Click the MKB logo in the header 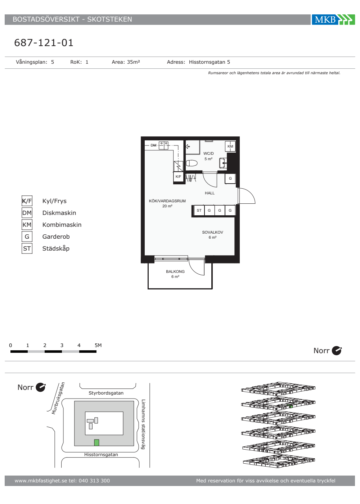(x=333, y=19)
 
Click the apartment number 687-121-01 (x=44, y=43)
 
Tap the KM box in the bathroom (x=230, y=146)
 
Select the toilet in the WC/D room (x=192, y=163)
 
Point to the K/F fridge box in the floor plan (x=179, y=177)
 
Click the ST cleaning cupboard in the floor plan (x=199, y=210)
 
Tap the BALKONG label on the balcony (x=175, y=271)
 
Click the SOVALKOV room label (x=212, y=232)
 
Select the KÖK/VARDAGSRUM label (x=167, y=201)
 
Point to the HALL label (x=210, y=193)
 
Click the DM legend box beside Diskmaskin (x=27, y=213)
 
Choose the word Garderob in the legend (x=56, y=237)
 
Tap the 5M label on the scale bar (x=98, y=345)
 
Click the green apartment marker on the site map (x=96, y=442)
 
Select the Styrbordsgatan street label (x=106, y=393)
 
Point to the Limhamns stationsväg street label (x=143, y=424)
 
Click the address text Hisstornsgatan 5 (x=210, y=62)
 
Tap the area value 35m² (x=134, y=62)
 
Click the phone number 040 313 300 (x=94, y=481)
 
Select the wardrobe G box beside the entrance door (x=230, y=179)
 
